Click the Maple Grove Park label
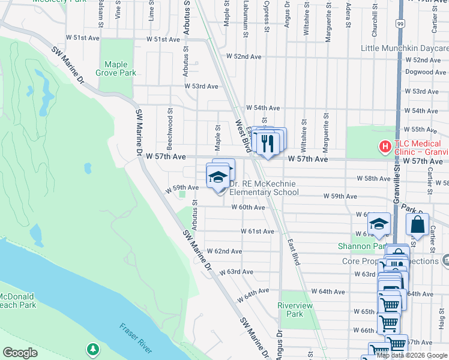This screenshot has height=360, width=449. coord(120,68)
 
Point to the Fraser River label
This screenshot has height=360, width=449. coord(136,338)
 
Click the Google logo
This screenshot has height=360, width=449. coord(20,353)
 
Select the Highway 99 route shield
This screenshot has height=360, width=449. coord(400,23)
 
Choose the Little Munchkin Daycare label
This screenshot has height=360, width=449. coord(405,48)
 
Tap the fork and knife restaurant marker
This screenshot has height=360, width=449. coord(268,143)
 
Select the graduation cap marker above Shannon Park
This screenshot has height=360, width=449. coord(379,224)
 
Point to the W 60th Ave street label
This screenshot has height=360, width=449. coord(248,208)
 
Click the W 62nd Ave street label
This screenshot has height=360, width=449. coord(224,251)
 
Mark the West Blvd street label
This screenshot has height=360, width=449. coord(243,136)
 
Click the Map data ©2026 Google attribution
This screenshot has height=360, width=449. coord(412,355)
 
